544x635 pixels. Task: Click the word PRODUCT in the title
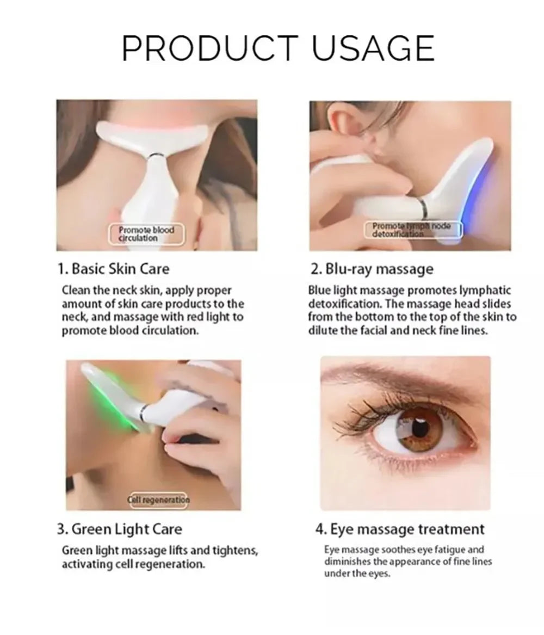[210, 48]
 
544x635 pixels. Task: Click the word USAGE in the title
[373, 48]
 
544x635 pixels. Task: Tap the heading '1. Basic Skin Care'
[113, 269]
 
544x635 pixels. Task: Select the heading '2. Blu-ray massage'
[372, 269]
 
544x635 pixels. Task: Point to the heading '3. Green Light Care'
[119, 529]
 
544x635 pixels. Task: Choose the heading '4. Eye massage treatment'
[400, 529]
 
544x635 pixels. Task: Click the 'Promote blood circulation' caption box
[146, 233]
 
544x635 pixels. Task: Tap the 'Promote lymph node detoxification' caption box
[412, 230]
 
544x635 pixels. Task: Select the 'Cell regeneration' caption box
[159, 500]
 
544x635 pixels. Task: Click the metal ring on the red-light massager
[154, 156]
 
